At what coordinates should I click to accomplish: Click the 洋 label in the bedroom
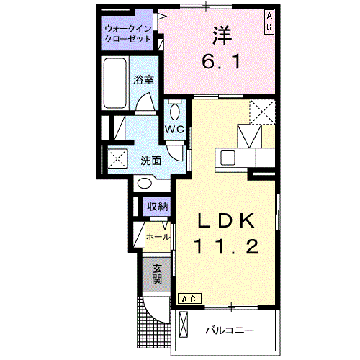[220, 34]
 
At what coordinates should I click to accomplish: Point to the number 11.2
[225, 248]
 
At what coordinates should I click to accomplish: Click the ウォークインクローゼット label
[127, 34]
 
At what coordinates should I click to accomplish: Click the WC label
[175, 130]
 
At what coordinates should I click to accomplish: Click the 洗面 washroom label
[150, 160]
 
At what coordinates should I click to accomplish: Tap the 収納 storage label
[157, 207]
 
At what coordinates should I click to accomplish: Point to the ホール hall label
[158, 236]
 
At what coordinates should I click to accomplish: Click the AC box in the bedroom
[268, 20]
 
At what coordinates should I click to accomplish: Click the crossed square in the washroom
[117, 158]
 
